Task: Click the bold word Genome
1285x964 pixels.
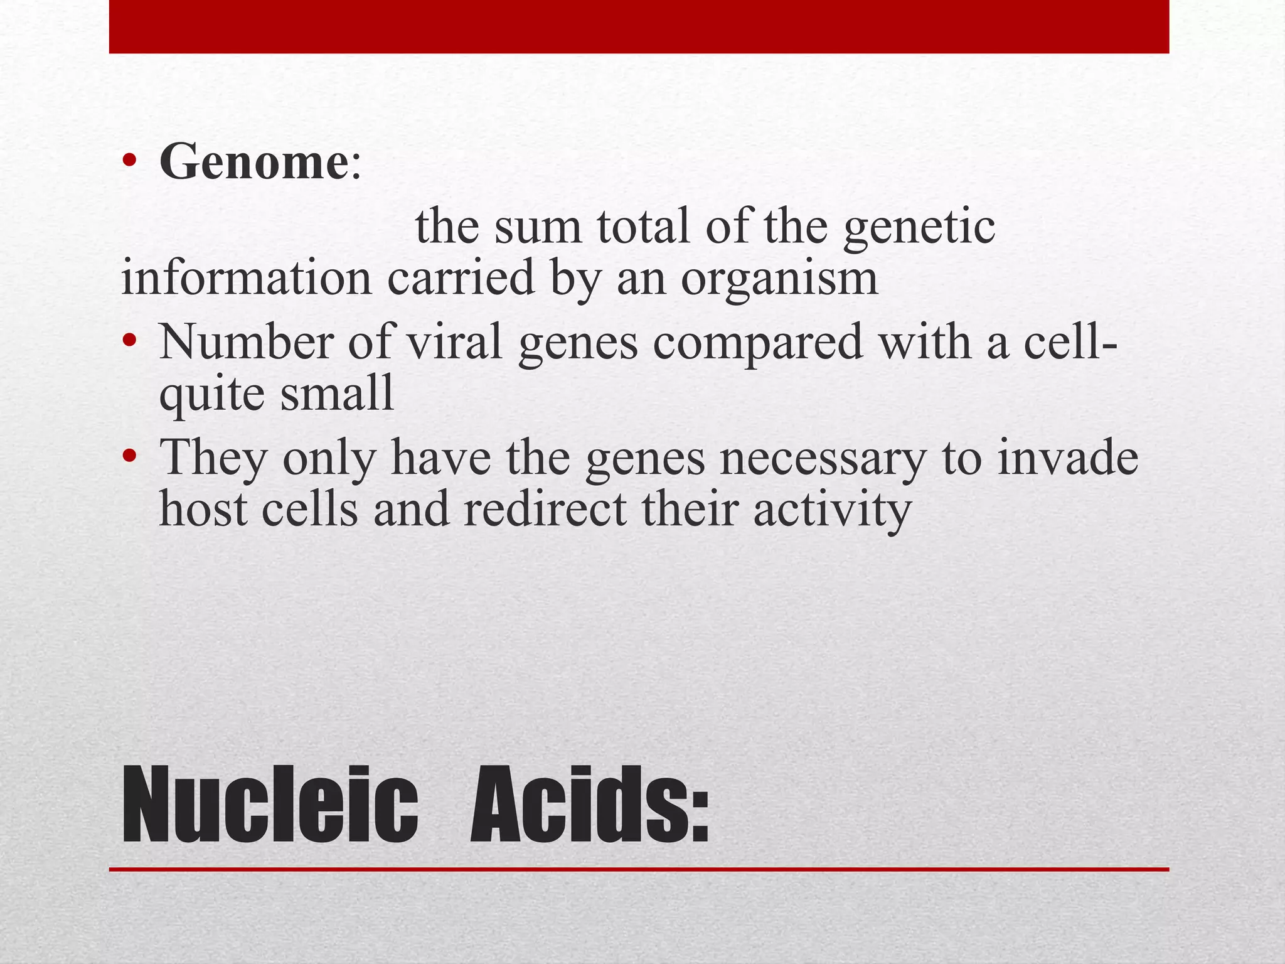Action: click(x=252, y=162)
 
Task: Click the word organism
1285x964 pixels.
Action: click(x=779, y=278)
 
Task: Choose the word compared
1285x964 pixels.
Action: click(x=757, y=344)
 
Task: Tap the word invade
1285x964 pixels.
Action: click(x=1067, y=457)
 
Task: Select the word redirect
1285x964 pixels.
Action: click(x=545, y=508)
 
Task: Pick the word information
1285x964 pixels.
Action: click(x=246, y=278)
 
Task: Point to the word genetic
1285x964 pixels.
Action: click(x=919, y=227)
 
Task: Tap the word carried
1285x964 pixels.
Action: click(x=460, y=278)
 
